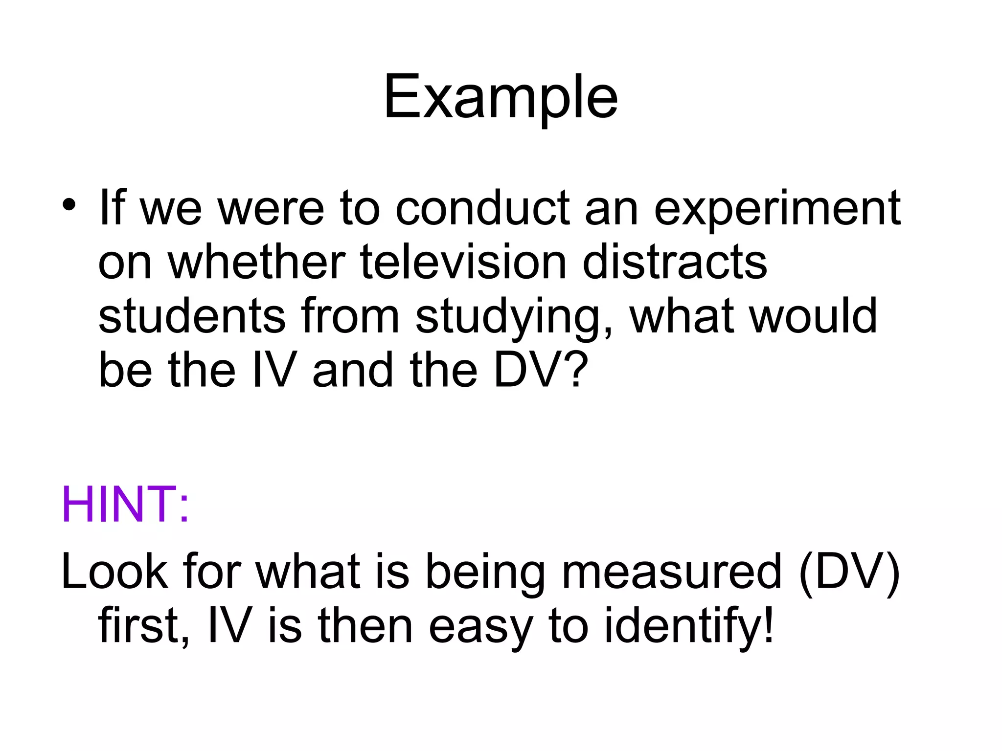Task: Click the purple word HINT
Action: click(x=124, y=505)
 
